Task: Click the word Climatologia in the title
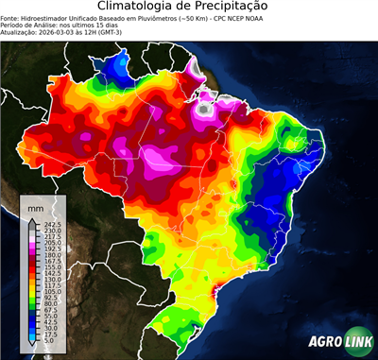(138, 8)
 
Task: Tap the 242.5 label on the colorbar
(51, 224)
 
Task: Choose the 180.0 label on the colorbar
(51, 254)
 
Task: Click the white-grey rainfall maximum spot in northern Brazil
(201, 110)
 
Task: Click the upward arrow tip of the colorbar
(33, 218)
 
